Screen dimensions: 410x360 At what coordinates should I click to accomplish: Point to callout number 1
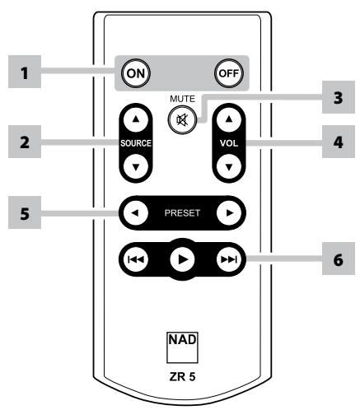(25, 72)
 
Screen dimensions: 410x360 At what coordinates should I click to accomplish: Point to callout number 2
(25, 141)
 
